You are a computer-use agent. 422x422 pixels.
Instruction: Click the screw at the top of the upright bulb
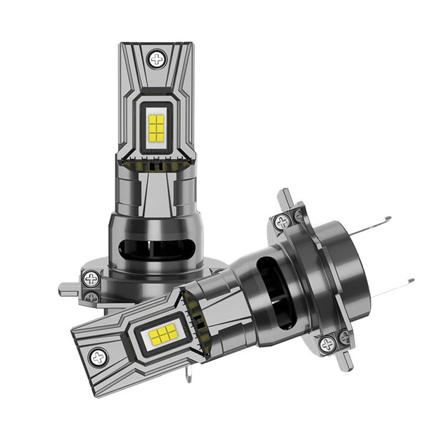click(x=156, y=58)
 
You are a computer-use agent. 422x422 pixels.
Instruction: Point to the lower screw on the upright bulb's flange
click(x=91, y=298)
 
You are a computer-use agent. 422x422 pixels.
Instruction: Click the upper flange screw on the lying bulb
click(x=283, y=222)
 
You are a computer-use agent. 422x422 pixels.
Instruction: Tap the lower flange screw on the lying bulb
click(x=328, y=344)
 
